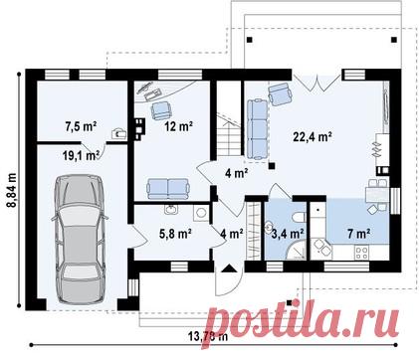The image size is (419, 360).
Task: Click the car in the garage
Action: (x=80, y=239)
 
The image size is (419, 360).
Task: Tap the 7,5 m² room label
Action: (x=81, y=126)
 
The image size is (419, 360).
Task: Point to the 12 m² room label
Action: (x=179, y=126)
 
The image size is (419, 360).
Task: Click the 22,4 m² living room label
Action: (x=313, y=136)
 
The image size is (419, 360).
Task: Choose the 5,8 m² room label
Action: (x=175, y=234)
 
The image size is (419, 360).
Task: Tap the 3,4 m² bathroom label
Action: (x=288, y=234)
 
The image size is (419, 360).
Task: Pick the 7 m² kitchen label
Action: (x=359, y=234)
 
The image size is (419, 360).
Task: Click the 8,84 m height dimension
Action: (x=12, y=190)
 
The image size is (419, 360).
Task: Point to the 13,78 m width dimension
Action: (x=208, y=337)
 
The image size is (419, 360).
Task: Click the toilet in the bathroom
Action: (x=300, y=217)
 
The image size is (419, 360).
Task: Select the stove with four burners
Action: (x=361, y=253)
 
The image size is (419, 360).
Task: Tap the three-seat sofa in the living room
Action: (x=258, y=129)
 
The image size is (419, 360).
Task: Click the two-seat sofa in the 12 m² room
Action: (x=168, y=188)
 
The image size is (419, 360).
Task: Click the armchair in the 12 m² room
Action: (x=161, y=110)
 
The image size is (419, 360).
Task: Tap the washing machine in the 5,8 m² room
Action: (x=200, y=213)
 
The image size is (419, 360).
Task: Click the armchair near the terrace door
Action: (x=281, y=93)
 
